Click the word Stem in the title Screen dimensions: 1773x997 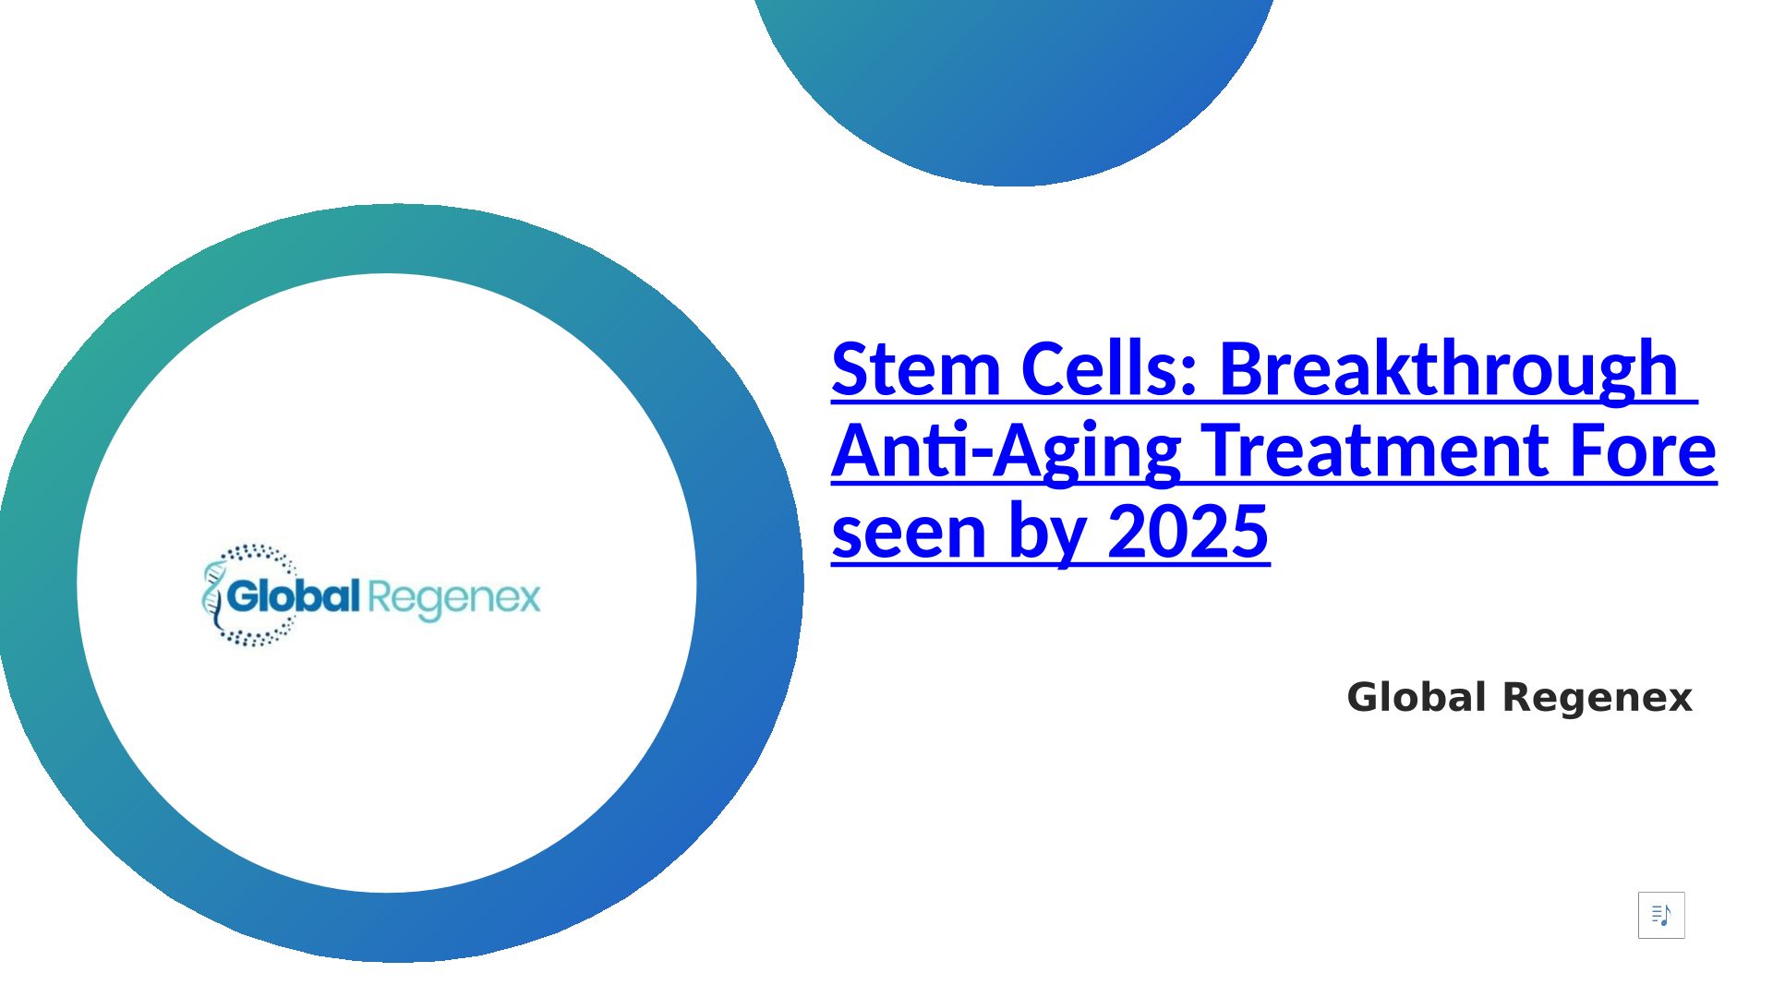pos(916,368)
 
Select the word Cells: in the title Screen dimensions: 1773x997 pos(1110,368)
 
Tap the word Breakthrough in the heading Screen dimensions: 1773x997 pos(1448,370)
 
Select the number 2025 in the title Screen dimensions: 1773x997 pos(1188,531)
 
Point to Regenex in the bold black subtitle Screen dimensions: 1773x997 pos(1598,699)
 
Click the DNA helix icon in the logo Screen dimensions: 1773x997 pos(213,595)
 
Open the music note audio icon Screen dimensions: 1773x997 pos(1661,915)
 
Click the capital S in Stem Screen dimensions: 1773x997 pos(850,368)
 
